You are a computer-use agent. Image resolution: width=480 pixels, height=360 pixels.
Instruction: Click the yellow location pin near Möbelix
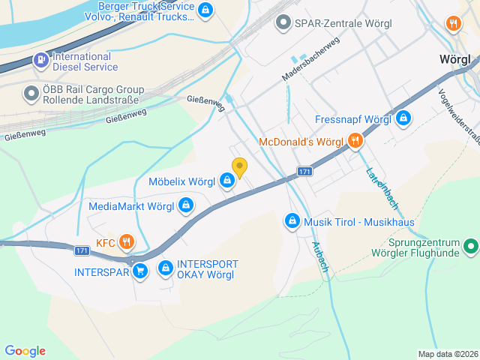(239, 167)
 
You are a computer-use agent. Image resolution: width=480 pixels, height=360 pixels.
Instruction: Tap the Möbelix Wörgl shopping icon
(226, 181)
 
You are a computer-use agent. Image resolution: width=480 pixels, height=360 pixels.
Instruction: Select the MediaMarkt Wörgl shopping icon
(185, 205)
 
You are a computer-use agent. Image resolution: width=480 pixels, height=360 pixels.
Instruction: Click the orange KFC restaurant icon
(126, 241)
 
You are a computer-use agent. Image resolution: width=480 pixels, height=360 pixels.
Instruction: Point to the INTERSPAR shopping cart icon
(139, 271)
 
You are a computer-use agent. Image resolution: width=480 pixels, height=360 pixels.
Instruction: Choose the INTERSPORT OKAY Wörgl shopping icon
(164, 268)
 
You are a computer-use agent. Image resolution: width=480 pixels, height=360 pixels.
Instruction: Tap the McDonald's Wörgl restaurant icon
(355, 141)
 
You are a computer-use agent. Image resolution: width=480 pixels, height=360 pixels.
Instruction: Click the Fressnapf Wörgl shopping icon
(403, 118)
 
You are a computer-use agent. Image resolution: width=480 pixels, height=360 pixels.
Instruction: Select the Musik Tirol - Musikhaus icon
(292, 221)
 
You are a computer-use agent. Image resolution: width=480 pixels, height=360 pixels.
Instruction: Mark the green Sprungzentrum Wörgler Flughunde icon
(470, 245)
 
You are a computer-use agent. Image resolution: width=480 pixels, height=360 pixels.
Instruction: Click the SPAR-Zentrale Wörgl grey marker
(283, 22)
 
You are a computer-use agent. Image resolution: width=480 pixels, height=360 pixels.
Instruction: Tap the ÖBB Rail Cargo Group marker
(31, 94)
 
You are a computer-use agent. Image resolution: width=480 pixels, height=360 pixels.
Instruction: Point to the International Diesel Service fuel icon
(40, 60)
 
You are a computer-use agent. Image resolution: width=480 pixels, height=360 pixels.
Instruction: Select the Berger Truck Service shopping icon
(205, 10)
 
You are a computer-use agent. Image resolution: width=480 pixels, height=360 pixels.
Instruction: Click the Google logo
(25, 351)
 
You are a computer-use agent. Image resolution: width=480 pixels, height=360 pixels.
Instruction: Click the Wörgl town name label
(454, 60)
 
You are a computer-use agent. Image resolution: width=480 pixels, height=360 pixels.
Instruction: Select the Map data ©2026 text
(448, 354)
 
